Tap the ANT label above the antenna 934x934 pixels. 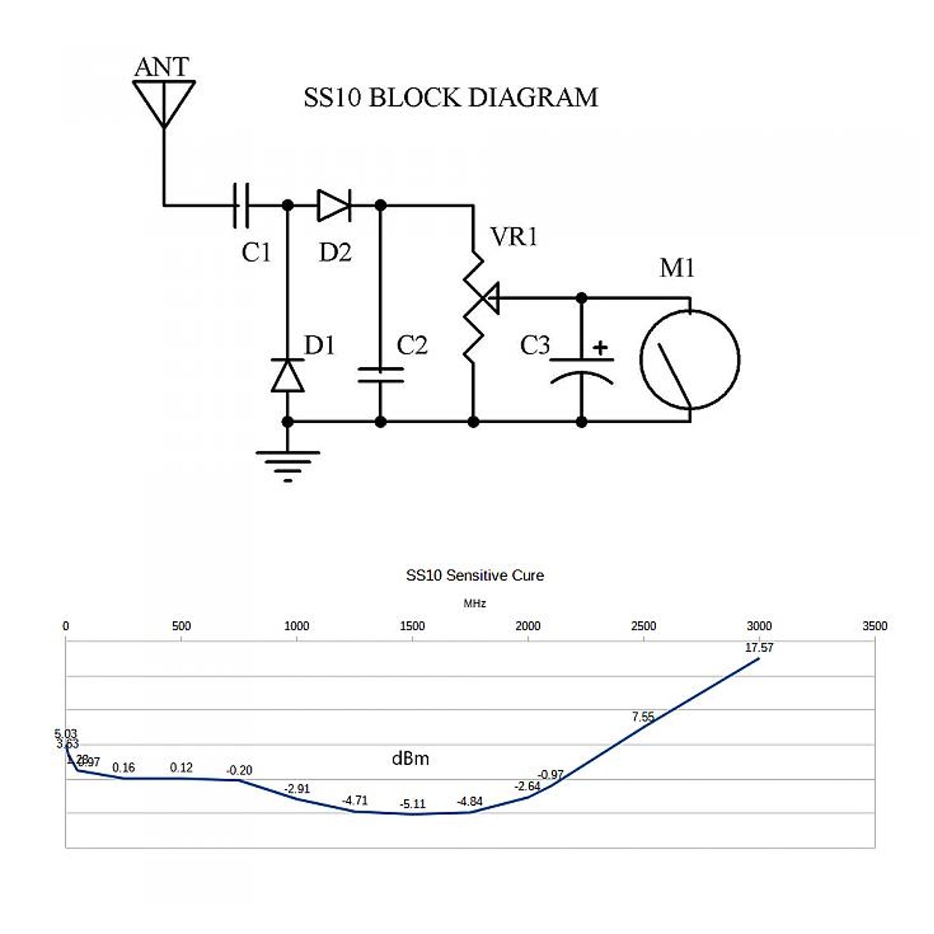point(161,67)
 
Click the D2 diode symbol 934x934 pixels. point(334,205)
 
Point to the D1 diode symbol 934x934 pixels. point(288,375)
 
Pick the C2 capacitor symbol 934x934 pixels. point(380,375)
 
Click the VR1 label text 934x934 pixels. point(514,237)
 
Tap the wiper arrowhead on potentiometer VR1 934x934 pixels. point(491,298)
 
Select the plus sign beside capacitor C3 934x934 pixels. point(600,347)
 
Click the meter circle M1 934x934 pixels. point(690,359)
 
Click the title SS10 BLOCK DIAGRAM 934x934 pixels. point(451,98)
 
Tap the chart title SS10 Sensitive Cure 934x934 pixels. point(474,575)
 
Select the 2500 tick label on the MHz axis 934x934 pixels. point(643,626)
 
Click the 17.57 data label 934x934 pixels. point(759,648)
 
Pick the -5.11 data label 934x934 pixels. point(412,804)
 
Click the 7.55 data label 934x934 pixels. point(643,717)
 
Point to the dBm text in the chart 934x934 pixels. point(410,758)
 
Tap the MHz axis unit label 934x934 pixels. point(474,603)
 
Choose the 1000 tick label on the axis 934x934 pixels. point(296,626)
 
